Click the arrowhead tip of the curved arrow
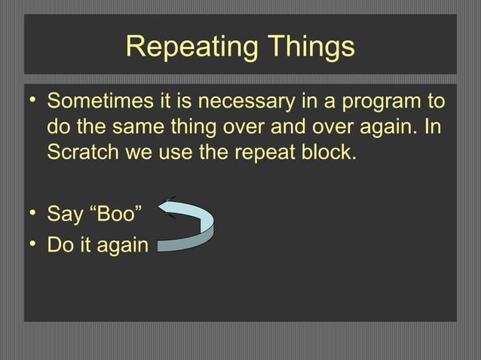pyautogui.click(x=159, y=208)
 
